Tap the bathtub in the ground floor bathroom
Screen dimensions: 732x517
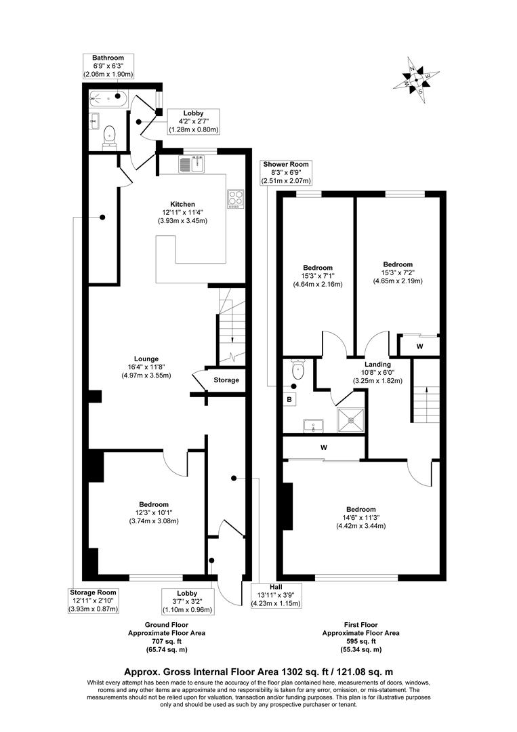click(108, 100)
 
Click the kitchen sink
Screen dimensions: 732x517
click(192, 163)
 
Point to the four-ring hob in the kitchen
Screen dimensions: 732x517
click(235, 198)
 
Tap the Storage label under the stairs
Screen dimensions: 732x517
click(226, 380)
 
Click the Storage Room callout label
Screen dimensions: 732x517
click(94, 601)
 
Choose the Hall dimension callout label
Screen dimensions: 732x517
click(276, 594)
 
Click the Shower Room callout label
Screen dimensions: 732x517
click(288, 172)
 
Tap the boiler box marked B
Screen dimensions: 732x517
click(289, 400)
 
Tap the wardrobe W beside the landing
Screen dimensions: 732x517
click(420, 346)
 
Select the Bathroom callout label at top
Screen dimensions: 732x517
click(108, 66)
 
